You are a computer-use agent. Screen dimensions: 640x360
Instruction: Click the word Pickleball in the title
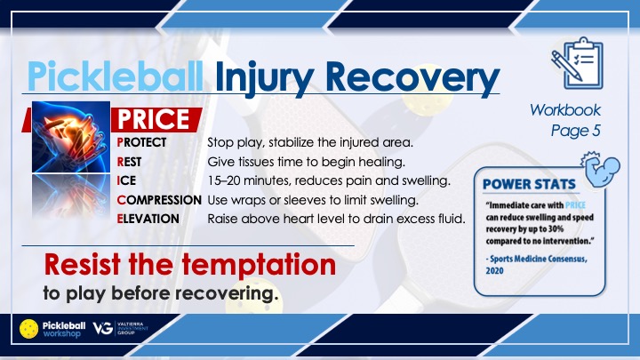pyautogui.click(x=115, y=76)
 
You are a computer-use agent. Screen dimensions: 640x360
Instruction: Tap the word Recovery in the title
pyautogui.click(x=412, y=78)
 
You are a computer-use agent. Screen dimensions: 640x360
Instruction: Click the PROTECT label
pyautogui.click(x=141, y=142)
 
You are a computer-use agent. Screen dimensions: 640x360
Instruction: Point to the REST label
pyautogui.click(x=129, y=162)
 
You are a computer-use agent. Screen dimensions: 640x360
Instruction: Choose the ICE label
pyautogui.click(x=126, y=180)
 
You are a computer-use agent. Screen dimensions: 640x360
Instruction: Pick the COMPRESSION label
pyautogui.click(x=159, y=200)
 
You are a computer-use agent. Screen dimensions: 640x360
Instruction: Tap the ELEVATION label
pyautogui.click(x=148, y=219)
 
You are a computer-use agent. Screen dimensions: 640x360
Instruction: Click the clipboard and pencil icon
pyautogui.click(x=577, y=64)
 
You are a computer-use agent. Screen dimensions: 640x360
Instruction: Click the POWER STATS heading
pyautogui.click(x=529, y=185)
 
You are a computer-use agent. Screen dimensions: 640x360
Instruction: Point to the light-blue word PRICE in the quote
pyautogui.click(x=575, y=205)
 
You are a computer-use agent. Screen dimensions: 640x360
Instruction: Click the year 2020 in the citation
pyautogui.click(x=495, y=270)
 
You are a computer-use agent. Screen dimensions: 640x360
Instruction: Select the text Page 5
pyautogui.click(x=575, y=131)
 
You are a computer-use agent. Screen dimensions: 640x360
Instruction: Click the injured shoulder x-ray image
pyautogui.click(x=71, y=137)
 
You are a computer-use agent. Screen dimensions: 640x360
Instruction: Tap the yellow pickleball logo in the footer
pyautogui.click(x=29, y=329)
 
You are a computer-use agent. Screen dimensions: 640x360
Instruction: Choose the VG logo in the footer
pyautogui.click(x=103, y=328)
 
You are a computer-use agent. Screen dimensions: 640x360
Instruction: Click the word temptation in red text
pyautogui.click(x=259, y=265)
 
